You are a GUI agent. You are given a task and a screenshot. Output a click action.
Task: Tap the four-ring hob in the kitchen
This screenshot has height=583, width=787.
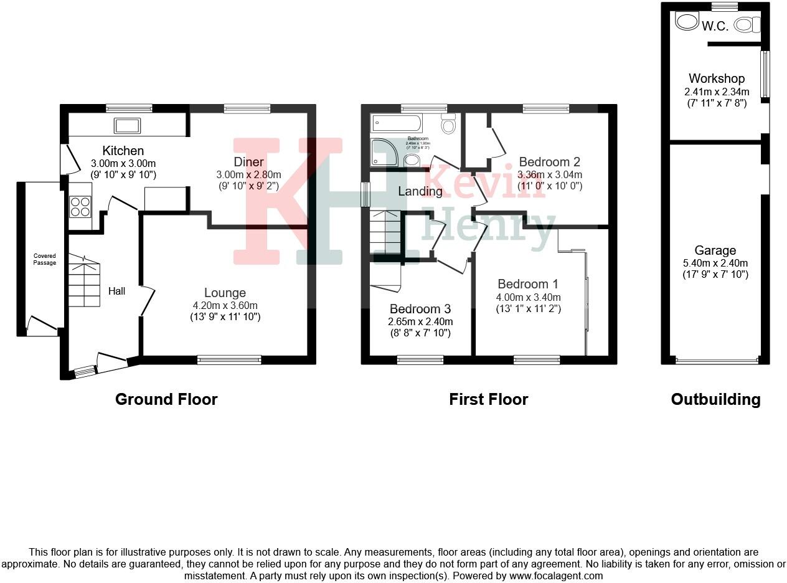pos(80,206)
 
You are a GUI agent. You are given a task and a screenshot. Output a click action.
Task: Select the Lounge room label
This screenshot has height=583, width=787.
pos(225,293)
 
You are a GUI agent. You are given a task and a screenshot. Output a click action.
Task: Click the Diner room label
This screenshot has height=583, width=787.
pos(248,163)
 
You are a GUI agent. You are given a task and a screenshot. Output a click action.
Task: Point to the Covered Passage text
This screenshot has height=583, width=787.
pos(44,259)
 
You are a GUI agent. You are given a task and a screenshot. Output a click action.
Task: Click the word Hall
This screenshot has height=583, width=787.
pos(116,291)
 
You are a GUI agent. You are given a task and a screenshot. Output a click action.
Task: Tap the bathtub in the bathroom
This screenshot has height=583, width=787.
pos(397,123)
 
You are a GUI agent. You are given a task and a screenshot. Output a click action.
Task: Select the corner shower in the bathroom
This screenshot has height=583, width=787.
pos(384,153)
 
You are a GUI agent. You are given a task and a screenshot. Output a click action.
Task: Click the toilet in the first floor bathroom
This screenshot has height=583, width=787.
pos(448,125)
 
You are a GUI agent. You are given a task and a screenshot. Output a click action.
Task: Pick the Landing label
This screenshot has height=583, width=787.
pos(420,191)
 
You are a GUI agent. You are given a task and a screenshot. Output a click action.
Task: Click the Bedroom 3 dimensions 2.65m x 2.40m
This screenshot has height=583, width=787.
pos(421,322)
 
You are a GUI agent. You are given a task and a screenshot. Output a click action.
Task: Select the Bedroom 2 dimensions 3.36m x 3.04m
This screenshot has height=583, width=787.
pos(550,175)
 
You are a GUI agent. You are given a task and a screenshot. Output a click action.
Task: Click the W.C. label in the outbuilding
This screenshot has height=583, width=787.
pos(715,26)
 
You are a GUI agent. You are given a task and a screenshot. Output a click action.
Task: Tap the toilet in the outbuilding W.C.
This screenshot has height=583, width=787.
pos(747,25)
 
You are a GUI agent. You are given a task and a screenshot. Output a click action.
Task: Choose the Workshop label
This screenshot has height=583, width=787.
pos(716,78)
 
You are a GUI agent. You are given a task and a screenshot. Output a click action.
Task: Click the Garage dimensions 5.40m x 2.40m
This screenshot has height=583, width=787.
pos(715,263)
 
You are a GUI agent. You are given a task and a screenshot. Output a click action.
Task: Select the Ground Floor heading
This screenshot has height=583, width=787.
pos(166,399)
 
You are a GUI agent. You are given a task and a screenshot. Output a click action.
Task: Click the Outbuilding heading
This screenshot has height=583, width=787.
pos(715,399)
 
